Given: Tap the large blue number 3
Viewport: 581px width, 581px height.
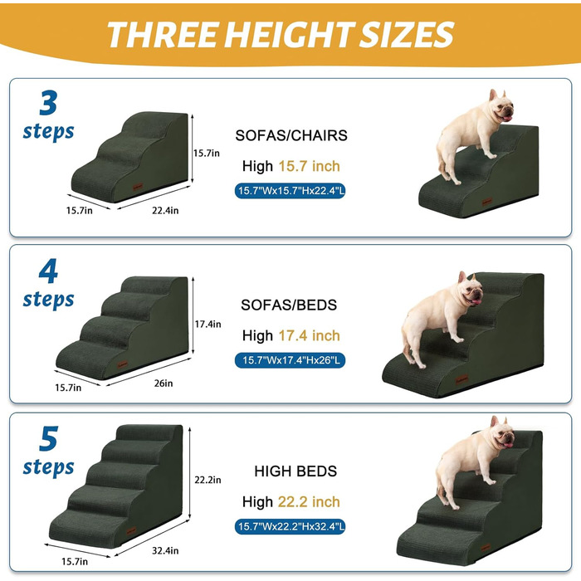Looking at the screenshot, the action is coord(48,103).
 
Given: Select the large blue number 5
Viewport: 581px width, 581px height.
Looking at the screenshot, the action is coord(48,439).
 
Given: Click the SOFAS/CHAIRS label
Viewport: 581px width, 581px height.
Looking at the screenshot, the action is coord(291,135).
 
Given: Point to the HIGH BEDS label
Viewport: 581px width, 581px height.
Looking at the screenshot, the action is coord(295,471).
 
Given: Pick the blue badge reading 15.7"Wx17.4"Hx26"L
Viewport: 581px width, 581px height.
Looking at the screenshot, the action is coord(290,360).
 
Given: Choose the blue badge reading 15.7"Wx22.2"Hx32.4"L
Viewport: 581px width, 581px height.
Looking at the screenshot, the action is coord(290,526).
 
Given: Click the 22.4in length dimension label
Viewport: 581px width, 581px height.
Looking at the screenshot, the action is coord(165,211).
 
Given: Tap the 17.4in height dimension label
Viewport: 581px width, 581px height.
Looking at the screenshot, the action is coord(207,325).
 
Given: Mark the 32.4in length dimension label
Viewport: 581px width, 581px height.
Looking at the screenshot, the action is coord(165,550).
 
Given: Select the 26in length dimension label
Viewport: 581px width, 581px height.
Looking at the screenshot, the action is coord(164,383).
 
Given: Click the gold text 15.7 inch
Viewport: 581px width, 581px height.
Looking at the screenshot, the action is coord(309,166).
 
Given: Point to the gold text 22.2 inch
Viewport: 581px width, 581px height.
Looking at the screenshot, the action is coord(309,501).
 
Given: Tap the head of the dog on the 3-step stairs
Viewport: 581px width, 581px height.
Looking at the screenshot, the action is coord(501,106).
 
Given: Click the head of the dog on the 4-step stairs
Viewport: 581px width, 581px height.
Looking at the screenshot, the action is coord(471,290).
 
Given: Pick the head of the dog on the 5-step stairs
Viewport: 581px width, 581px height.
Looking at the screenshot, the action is coord(502,433).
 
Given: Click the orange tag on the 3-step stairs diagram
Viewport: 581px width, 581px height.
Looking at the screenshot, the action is coord(138,187).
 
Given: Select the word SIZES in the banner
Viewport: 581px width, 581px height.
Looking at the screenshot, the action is coord(407,35).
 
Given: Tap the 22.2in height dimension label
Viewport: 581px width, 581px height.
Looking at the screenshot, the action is coord(207,480).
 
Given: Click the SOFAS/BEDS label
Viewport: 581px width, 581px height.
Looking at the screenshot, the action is coord(289,305).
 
